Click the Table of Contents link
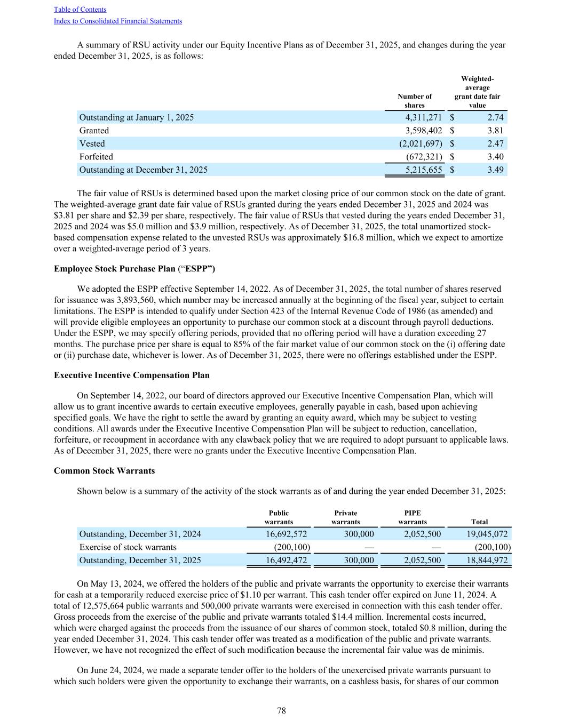point(80,10)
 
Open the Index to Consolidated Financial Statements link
point(118,21)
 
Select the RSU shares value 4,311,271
point(420,117)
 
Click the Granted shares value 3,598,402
point(420,131)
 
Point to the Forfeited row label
point(96,157)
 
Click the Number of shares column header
point(415,101)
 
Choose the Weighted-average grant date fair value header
point(477,92)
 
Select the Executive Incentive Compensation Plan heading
point(132,375)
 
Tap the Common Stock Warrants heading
point(105,471)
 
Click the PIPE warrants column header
point(413,517)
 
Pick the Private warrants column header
point(345,517)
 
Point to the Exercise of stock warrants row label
point(128,547)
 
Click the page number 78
point(281,710)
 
